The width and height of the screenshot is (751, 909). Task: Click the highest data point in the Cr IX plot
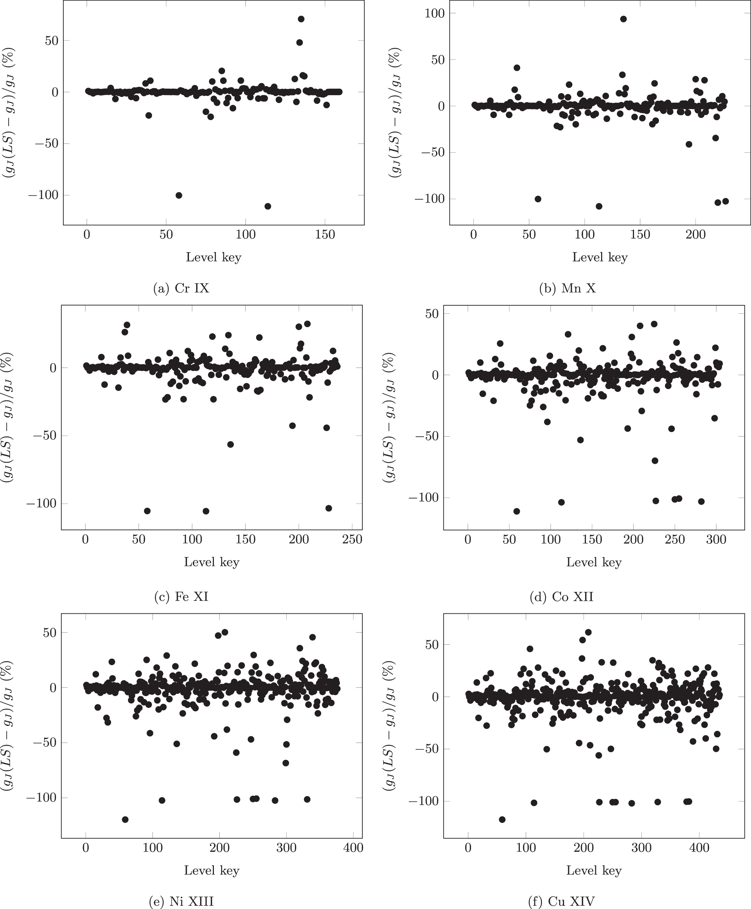tap(301, 19)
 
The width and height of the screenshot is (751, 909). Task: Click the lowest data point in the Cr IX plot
tap(268, 206)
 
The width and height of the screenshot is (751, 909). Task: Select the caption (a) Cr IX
tap(181, 288)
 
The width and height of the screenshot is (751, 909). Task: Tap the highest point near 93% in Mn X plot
tap(623, 19)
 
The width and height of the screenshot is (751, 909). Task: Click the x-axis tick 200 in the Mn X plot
tap(696, 235)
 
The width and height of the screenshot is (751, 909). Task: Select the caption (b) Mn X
tap(567, 288)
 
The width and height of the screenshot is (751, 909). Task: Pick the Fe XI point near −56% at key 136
tap(230, 444)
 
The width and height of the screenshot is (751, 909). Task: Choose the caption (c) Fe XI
tap(181, 597)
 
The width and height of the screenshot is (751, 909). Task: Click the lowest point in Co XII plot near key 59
tap(516, 511)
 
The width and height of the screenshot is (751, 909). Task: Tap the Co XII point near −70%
tap(655, 461)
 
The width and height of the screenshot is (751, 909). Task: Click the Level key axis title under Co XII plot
tap(594, 562)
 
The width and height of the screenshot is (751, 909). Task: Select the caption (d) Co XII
tap(561, 597)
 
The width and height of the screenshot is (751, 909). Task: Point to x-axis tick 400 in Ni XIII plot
tap(353, 848)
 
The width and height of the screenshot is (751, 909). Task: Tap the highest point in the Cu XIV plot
tap(588, 632)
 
